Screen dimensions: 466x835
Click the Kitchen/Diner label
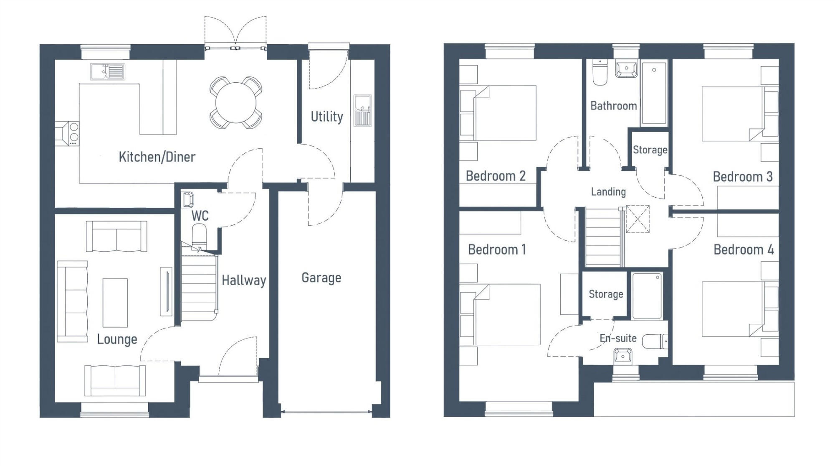point(157,157)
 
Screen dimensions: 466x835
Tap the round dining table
point(236,102)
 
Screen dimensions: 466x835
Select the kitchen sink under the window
point(108,71)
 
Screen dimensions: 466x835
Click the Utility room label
point(326,117)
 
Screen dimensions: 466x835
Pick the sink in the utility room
point(362,110)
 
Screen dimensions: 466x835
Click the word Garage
point(321,278)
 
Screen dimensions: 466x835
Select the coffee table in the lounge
point(115,303)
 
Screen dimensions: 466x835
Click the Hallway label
point(243,280)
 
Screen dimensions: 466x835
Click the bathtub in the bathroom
point(654,93)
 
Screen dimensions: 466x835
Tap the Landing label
point(608,192)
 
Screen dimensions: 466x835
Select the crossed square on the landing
point(638,219)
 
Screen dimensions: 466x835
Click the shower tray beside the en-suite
point(647,295)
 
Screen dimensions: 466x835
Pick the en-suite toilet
point(654,341)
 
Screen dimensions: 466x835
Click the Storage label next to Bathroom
point(650,150)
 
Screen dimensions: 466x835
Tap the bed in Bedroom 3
point(733,114)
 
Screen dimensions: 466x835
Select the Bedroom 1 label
point(497,250)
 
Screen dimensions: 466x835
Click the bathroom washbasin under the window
point(626,69)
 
